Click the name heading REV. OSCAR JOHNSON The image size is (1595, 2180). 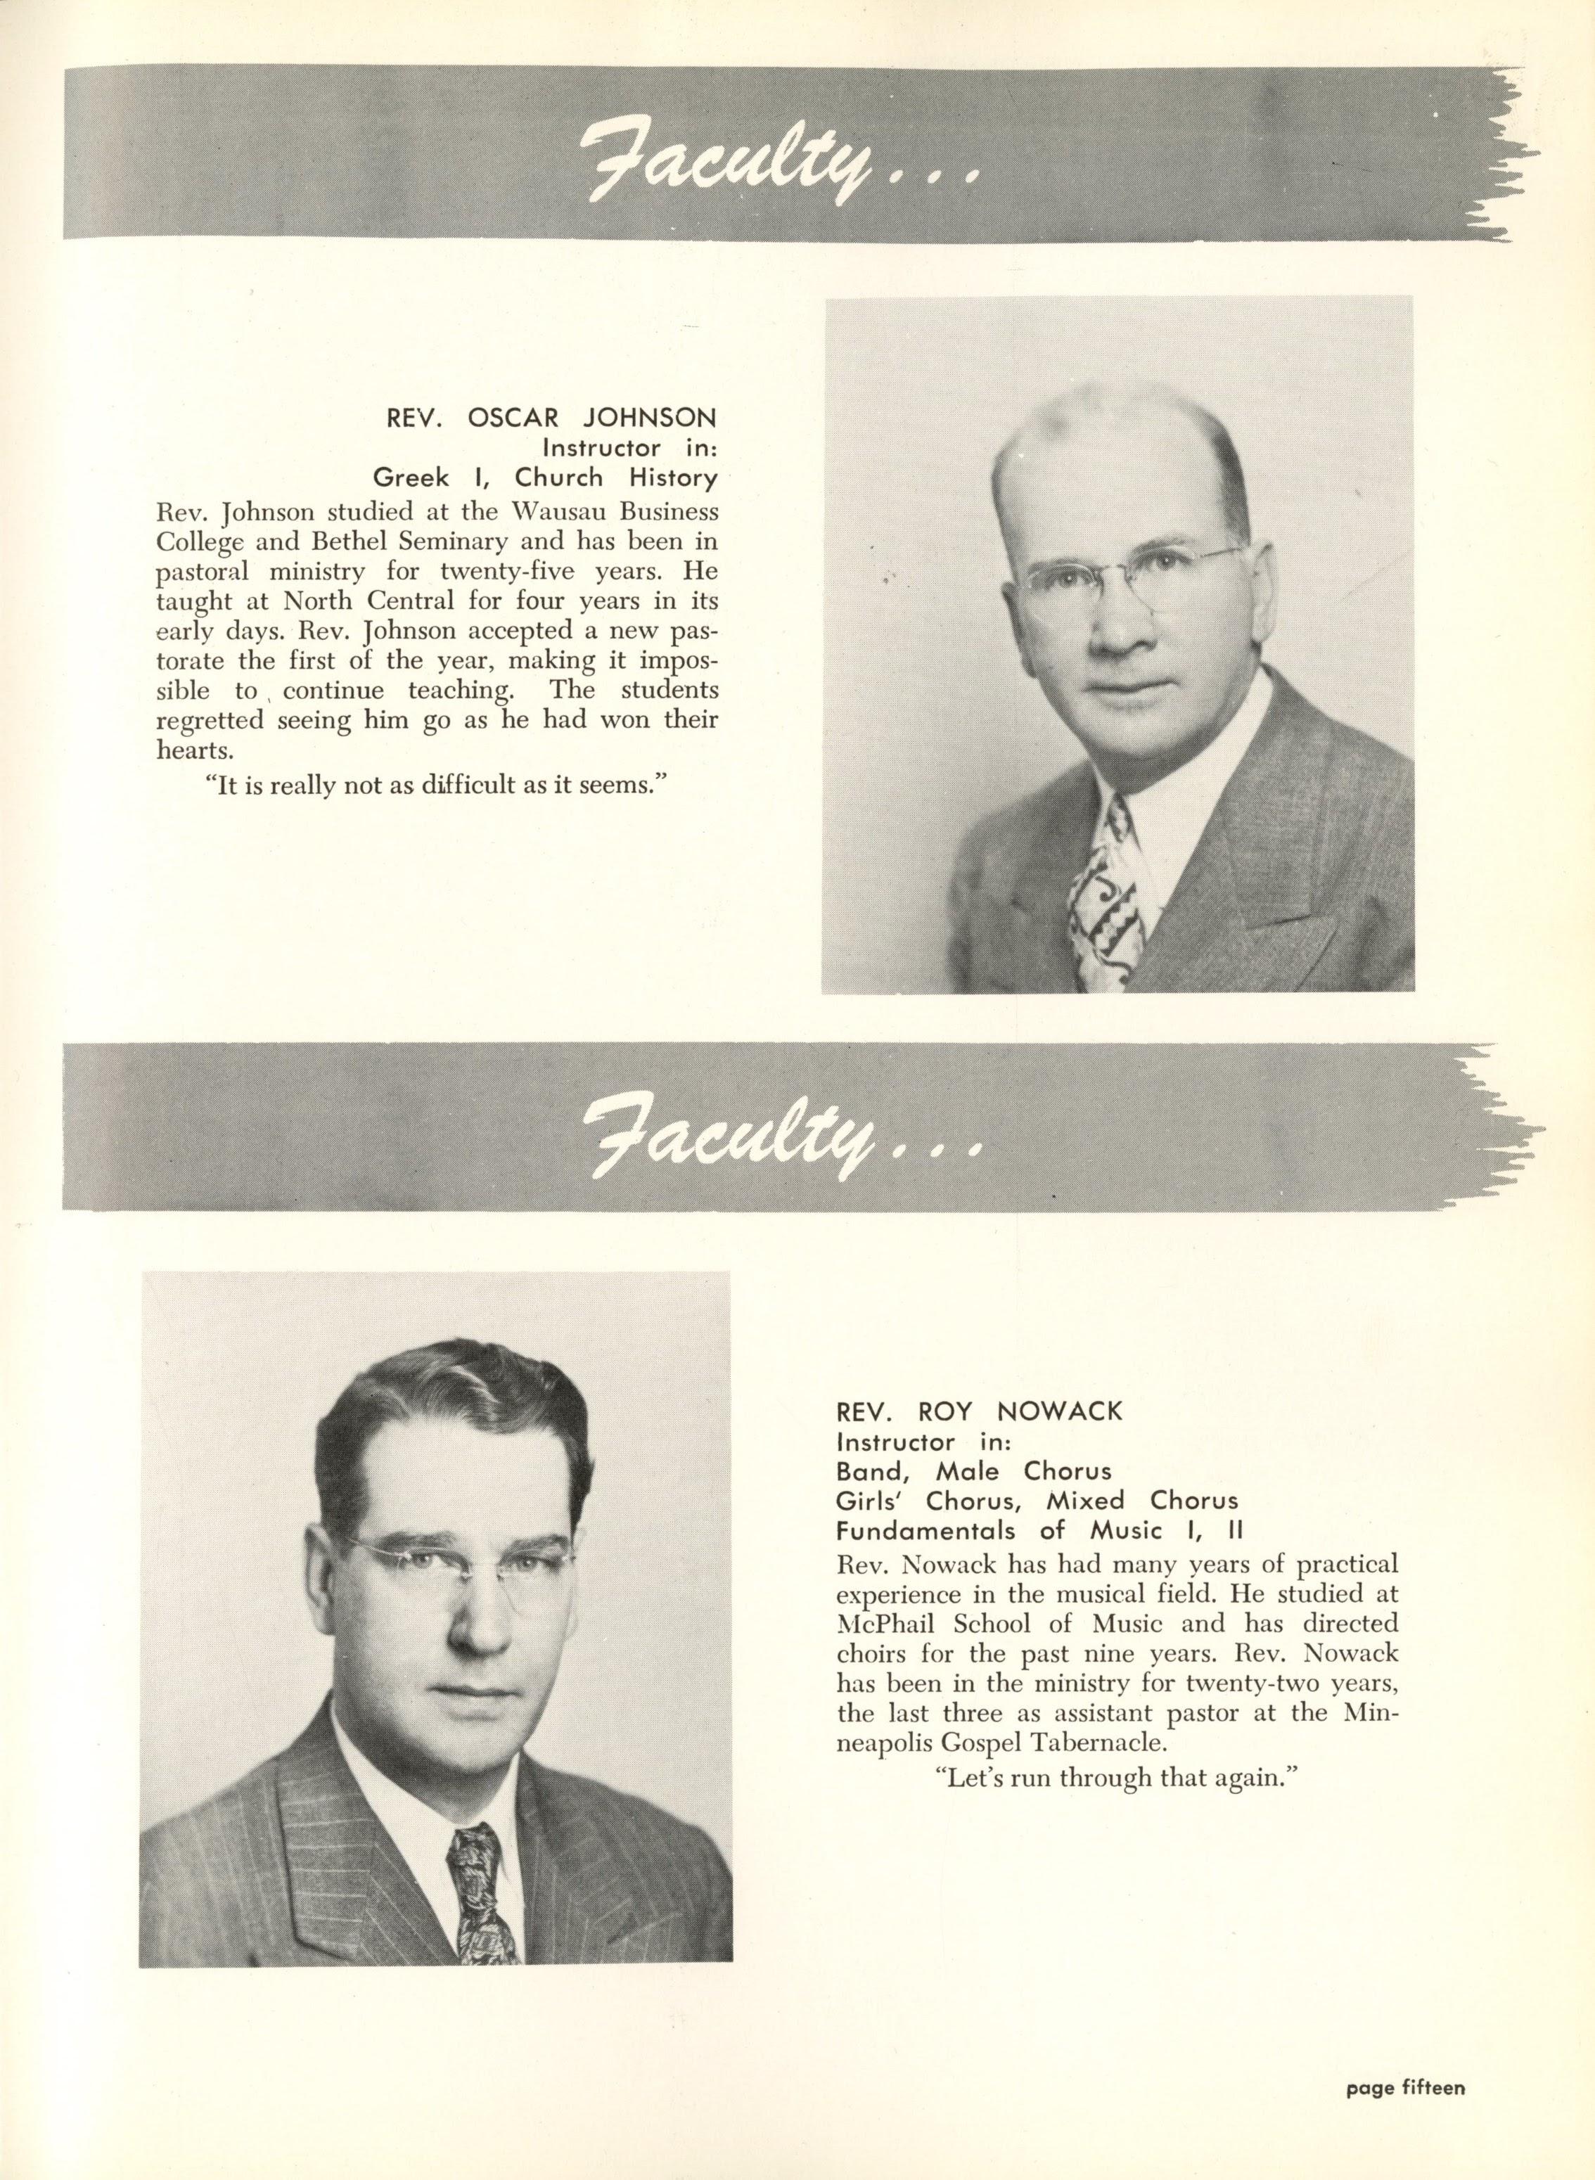pos(551,418)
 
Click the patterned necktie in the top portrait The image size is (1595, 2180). pos(1106,906)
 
